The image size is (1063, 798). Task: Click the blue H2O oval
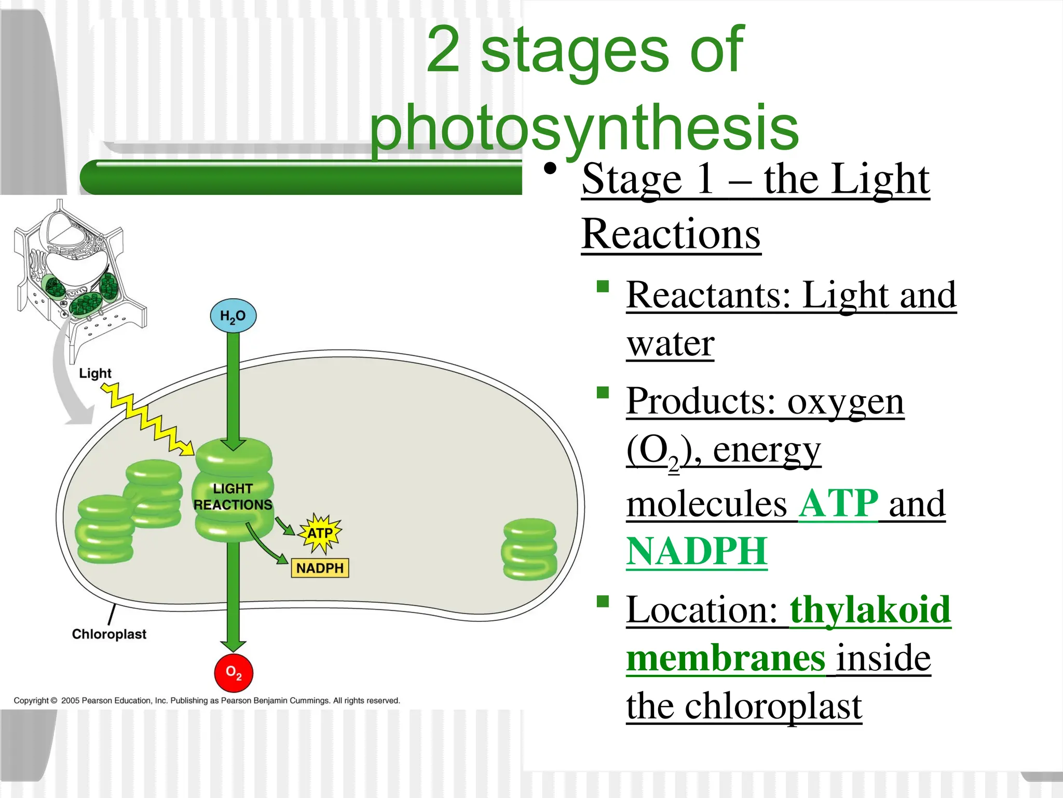click(x=233, y=316)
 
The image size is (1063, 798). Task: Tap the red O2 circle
click(x=234, y=673)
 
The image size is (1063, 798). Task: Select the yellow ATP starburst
click(x=320, y=534)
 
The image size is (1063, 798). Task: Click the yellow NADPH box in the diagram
click(x=320, y=568)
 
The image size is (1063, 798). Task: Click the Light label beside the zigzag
click(x=95, y=373)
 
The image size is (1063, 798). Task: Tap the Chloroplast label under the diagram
click(x=109, y=634)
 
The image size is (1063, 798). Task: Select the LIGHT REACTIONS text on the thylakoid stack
click(x=233, y=497)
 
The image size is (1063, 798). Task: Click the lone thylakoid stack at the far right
click(x=529, y=549)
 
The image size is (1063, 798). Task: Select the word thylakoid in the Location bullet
click(x=870, y=609)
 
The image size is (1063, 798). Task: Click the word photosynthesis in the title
click(x=584, y=127)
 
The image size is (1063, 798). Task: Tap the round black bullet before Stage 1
click(x=550, y=169)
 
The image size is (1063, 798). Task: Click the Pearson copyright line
click(x=207, y=700)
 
